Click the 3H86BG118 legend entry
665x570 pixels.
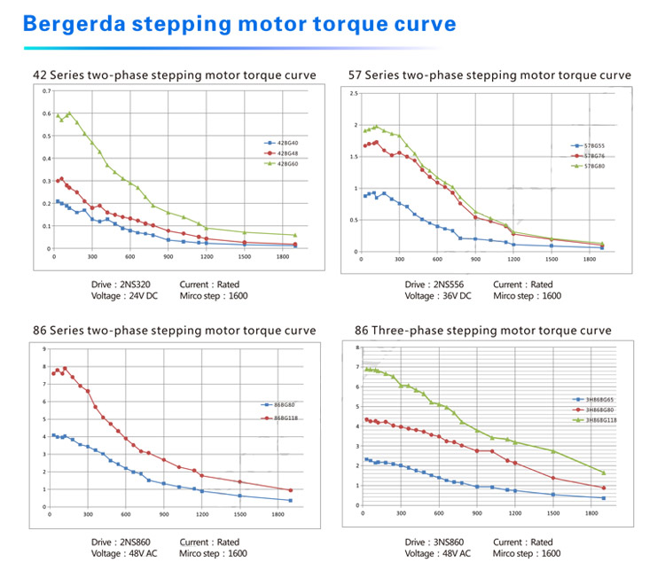click(x=598, y=421)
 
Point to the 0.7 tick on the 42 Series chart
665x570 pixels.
click(x=45, y=91)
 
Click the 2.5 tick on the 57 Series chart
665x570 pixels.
click(x=354, y=93)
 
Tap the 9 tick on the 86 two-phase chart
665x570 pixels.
click(x=43, y=349)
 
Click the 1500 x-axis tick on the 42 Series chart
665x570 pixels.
click(x=244, y=257)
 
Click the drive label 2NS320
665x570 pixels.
click(x=134, y=285)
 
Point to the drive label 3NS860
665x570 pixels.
click(x=447, y=542)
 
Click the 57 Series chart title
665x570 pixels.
click(x=492, y=75)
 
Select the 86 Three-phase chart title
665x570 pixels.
click(x=482, y=330)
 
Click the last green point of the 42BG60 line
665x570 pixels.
click(x=295, y=235)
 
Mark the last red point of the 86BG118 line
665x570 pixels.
click(x=290, y=490)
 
